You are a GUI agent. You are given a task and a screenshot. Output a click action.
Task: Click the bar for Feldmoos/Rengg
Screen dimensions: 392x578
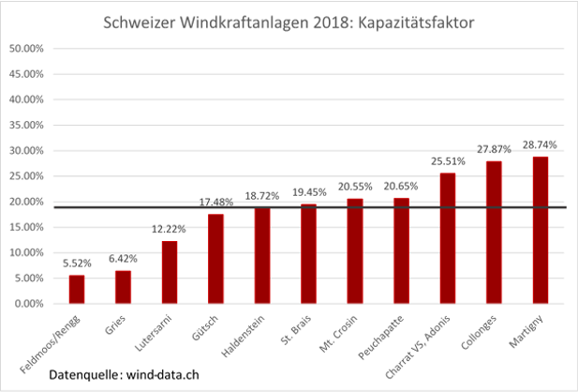pyautogui.click(x=77, y=289)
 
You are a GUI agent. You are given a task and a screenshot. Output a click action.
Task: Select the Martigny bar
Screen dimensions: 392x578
pyautogui.click(x=541, y=230)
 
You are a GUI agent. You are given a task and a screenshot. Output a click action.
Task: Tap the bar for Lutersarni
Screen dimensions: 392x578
pyautogui.click(x=170, y=272)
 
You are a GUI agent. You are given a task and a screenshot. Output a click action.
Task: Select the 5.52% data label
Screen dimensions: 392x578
pyautogui.click(x=77, y=265)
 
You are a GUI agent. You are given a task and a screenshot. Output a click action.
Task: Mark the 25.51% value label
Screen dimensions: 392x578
pyautogui.click(x=448, y=162)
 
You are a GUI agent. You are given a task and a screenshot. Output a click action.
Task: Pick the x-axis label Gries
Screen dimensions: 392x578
pyautogui.click(x=116, y=324)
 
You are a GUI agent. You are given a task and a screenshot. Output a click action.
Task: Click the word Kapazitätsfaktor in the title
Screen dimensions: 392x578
pyautogui.click(x=427, y=21)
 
